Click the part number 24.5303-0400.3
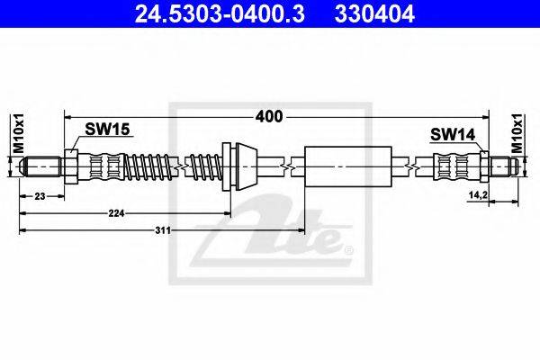coord(220,14)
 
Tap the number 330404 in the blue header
coord(374,14)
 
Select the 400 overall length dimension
coord(268,117)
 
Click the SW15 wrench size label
coord(107,130)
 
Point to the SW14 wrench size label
coord(453,134)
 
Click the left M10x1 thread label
coord(19,132)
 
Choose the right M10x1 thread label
coord(517,132)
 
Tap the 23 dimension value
coord(40,196)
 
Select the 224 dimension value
coord(116,213)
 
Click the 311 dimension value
coord(163,230)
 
